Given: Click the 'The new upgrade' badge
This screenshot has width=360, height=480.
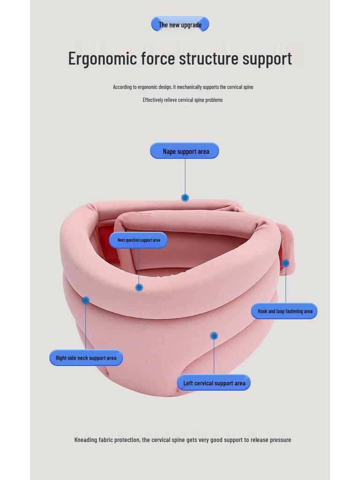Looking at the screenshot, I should (x=180, y=24).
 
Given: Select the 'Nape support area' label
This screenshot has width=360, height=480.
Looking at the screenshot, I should (x=185, y=151).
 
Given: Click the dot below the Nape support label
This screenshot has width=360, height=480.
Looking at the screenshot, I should (x=185, y=198).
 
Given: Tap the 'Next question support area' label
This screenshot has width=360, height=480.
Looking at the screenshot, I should (x=138, y=240).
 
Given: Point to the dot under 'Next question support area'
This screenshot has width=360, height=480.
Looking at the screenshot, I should (x=139, y=287).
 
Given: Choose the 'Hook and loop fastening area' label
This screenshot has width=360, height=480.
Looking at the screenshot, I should (x=285, y=311).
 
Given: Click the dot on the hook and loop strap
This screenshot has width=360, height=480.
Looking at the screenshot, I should (x=285, y=263).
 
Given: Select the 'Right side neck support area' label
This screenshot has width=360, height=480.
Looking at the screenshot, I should (x=86, y=358).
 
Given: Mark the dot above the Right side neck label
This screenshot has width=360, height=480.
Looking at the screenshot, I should (x=85, y=300).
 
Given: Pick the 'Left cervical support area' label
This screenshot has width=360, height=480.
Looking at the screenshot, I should (x=214, y=383).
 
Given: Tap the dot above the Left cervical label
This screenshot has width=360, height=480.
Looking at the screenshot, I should (x=214, y=336).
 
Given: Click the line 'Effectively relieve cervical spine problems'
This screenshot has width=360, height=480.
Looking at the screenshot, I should (x=182, y=100).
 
